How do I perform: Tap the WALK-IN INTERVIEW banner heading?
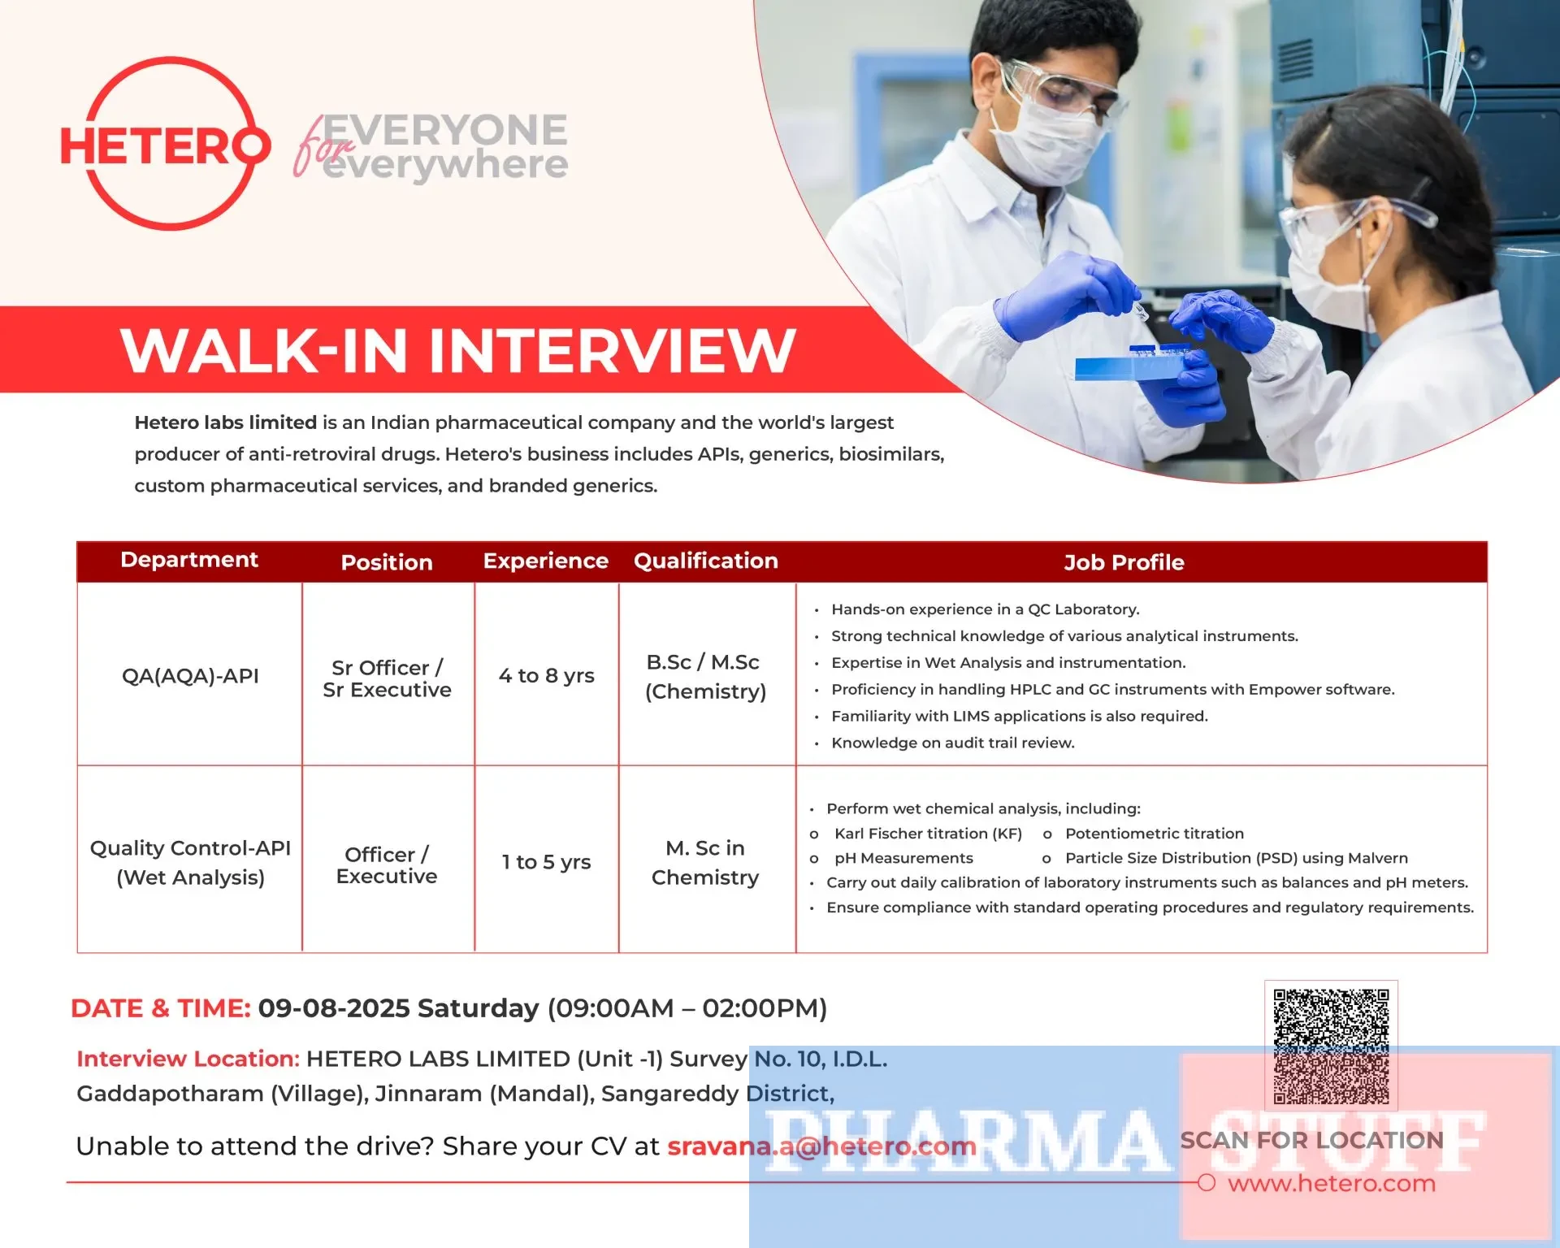point(458,350)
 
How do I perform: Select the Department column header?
point(189,560)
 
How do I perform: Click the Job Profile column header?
point(1124,562)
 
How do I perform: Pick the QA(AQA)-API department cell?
point(190,676)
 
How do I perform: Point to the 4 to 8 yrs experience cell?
point(547,676)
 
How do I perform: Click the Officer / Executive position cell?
point(387,865)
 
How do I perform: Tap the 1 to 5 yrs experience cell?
point(547,862)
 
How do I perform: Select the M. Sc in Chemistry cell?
point(705,863)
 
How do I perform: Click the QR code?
point(1331,1046)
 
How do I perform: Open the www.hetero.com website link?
point(1332,1184)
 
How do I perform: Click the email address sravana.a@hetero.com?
point(821,1146)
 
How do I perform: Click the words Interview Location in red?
point(188,1059)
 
